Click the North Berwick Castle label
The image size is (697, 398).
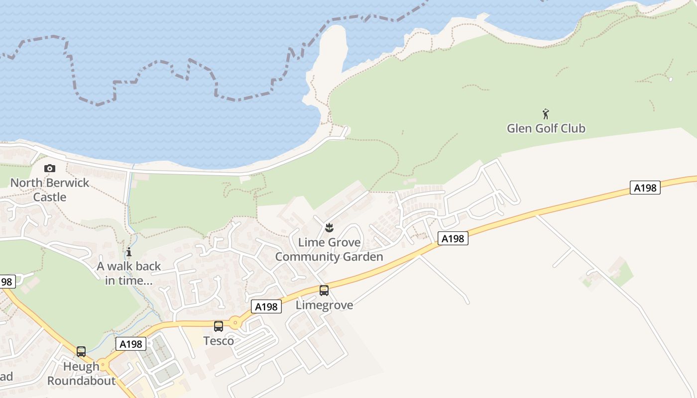pos(50,190)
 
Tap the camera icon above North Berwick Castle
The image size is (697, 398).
pos(50,168)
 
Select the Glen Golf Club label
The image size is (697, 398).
pos(546,128)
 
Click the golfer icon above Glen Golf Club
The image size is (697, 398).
pos(546,114)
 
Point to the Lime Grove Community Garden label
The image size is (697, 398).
pos(329,249)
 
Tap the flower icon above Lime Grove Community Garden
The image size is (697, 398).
pos(329,228)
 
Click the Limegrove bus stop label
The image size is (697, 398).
pos(324,305)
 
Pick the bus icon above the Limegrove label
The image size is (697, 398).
pos(324,290)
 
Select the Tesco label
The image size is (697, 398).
pos(219,341)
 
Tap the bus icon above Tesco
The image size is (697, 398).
pos(219,326)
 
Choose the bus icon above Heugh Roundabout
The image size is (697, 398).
pos(81,352)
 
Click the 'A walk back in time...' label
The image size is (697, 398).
pos(129,273)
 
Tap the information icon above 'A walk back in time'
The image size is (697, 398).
pos(129,252)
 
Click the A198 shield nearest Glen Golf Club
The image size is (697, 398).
pos(645,188)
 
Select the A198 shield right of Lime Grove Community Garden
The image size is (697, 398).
pos(453,239)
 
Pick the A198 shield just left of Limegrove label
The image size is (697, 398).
pos(266,307)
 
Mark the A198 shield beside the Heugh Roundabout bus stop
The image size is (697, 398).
pos(131,344)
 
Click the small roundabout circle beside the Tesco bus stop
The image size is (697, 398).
pos(235,323)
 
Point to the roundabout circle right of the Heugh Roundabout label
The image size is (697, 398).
pos(103,365)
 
